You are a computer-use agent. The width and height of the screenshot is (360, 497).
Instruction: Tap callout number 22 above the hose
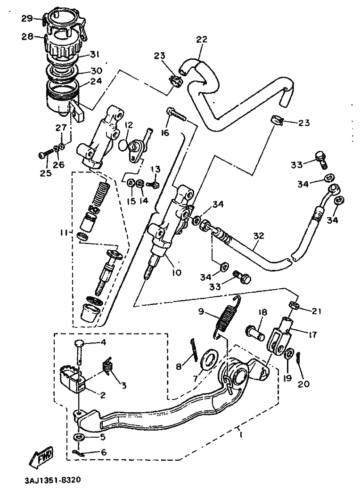pos(202,39)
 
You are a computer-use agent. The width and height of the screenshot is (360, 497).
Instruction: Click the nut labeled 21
pos(294,305)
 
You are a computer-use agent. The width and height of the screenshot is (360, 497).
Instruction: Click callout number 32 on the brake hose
pos(259,236)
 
